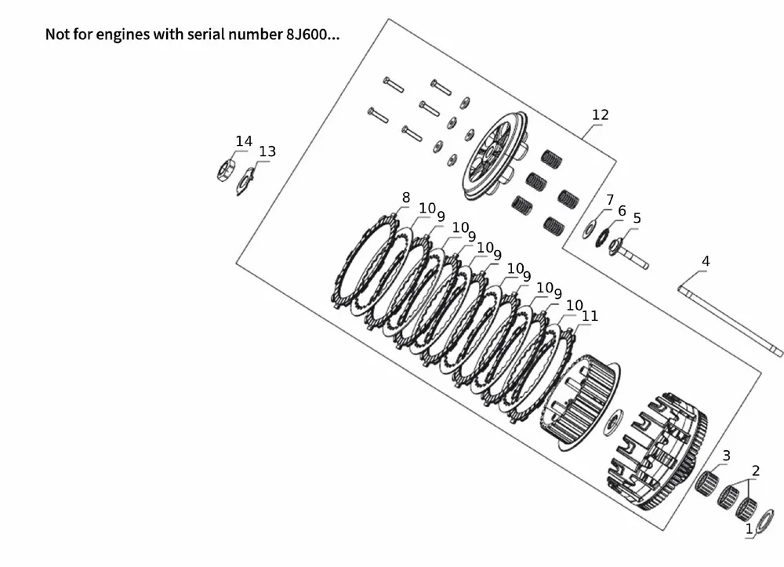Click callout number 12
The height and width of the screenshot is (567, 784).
[x=600, y=115]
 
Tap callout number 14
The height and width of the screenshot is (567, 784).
[x=244, y=141]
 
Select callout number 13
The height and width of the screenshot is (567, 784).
[x=267, y=151]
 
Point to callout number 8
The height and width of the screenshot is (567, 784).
[x=406, y=198]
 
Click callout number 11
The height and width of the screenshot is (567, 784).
[x=590, y=316]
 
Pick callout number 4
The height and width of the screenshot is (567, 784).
[x=706, y=261]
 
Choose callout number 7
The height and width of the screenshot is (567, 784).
[x=610, y=200]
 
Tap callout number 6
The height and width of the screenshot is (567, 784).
[x=622, y=211]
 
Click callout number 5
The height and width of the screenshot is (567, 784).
[x=637, y=219]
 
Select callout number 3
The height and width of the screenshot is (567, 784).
[x=727, y=456]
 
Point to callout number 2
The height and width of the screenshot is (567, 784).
[x=756, y=471]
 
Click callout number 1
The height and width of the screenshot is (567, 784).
[x=749, y=529]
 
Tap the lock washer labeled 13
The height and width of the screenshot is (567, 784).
[x=245, y=181]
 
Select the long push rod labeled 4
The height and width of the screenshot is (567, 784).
[x=730, y=322]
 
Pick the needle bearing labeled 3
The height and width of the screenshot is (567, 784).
[x=707, y=482]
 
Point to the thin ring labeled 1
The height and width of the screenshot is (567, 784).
[x=765, y=522]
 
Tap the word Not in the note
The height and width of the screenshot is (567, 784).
[x=56, y=35]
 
